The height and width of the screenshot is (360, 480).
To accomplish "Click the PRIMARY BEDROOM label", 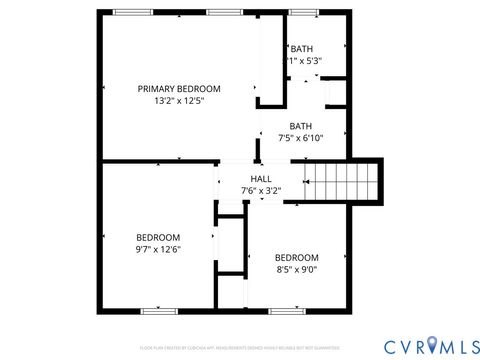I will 179,89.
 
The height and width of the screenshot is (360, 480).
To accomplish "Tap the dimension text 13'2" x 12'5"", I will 179,101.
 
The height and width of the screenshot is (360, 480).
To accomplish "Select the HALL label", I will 261,179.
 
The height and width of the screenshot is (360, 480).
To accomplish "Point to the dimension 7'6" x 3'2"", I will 261,191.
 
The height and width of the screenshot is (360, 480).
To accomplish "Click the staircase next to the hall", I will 343,183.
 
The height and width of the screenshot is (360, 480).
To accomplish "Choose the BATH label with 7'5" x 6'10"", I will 301,126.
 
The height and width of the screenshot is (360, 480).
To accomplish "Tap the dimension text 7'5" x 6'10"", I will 301,138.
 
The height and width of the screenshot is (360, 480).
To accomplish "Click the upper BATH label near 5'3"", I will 302,49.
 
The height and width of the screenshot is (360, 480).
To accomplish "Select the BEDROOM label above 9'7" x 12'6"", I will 158,237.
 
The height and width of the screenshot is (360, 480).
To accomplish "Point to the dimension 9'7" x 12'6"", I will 158,249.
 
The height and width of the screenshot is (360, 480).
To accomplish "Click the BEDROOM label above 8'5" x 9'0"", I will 297,257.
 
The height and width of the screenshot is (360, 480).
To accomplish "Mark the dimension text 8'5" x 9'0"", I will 297,269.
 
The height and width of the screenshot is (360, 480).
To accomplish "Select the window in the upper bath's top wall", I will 300,12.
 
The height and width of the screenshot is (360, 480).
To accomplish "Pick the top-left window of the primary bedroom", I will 128,12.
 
